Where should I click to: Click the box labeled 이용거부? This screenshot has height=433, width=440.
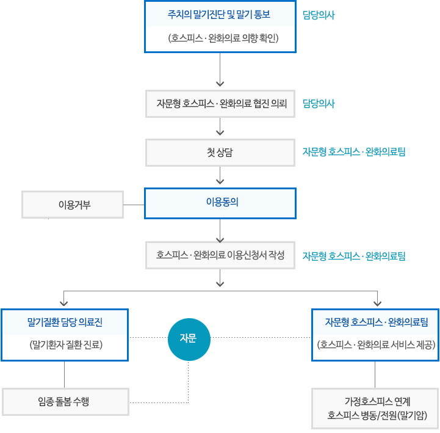point(73,205)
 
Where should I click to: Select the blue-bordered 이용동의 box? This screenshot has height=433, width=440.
point(220,203)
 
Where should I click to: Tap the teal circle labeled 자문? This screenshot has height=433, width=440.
point(189,339)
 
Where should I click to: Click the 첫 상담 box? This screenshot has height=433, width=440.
point(220,153)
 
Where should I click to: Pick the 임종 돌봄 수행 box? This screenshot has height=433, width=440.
point(65,402)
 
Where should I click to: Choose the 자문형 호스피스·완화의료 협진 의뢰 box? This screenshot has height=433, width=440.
point(220,104)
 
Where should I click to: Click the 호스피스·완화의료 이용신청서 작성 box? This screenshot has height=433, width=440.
point(220,255)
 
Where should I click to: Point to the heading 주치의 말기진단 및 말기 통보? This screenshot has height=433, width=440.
point(219,14)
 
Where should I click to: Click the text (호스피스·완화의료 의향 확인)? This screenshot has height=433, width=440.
point(223,38)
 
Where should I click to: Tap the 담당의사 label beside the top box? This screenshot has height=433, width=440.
point(319,15)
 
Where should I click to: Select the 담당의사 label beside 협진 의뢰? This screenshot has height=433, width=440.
point(319,104)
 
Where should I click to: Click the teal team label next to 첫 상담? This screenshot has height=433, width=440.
point(354,152)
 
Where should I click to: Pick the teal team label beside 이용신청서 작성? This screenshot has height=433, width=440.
point(354,256)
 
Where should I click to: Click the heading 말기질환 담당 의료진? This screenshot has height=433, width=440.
point(65,322)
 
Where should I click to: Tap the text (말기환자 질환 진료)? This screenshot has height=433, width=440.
point(66,344)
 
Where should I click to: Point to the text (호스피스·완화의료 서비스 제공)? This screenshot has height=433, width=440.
point(376,344)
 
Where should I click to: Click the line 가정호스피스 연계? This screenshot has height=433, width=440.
point(377,402)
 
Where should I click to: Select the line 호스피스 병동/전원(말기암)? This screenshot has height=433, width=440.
point(377,415)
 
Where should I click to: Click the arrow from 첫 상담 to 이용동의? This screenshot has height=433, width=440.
point(220,175)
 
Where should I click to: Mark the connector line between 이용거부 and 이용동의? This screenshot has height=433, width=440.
point(134,205)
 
